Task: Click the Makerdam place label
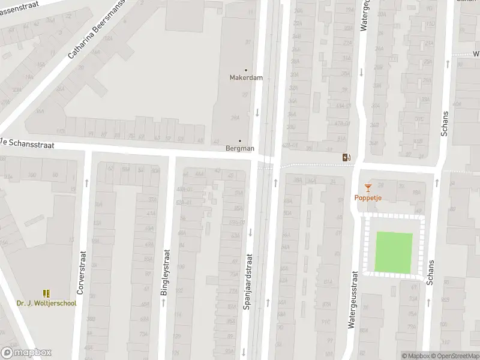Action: pos(245,77)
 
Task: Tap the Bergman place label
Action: pos(240,148)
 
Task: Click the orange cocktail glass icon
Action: pos(368,188)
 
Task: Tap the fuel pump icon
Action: pos(346,158)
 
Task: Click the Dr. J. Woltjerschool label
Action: pos(46,304)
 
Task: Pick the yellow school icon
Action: pos(46,293)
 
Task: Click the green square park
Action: pos(394,253)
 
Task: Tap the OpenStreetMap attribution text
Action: pos(455,356)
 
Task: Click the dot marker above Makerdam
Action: pos(245,70)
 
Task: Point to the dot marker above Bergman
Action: pos(240,141)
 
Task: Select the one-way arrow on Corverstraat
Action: pos(86,181)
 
